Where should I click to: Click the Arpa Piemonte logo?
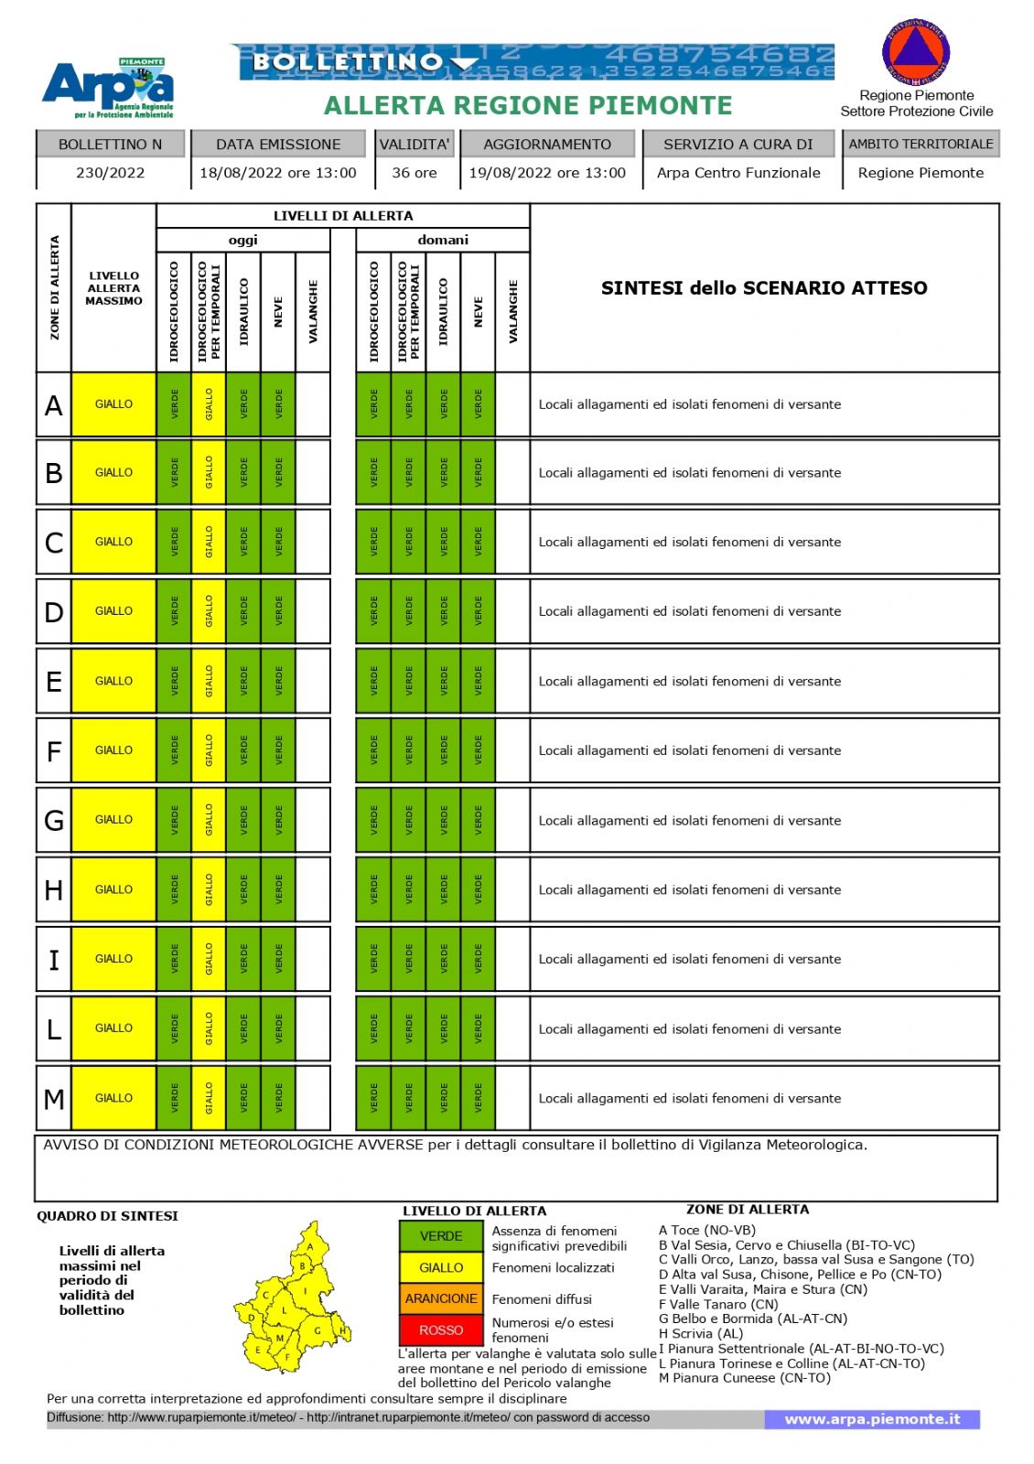coord(108,88)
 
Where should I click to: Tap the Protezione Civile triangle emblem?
coord(916,50)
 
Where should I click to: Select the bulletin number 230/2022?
coord(111,172)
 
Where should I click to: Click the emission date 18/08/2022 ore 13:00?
coord(278,172)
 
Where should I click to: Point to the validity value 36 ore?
coord(415,172)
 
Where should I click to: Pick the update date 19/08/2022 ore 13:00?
coord(547,172)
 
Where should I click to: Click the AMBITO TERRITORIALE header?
coord(921,144)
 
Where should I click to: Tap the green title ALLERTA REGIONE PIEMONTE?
coord(528,106)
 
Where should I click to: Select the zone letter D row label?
coord(54,611)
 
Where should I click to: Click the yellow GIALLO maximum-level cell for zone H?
coord(113,889)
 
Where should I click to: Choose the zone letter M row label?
coord(54,1098)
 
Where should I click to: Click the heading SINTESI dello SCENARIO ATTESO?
coord(764,288)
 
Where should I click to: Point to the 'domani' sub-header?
coord(443,240)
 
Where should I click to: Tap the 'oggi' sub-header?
coord(242,240)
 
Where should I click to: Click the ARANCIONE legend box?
coord(441,1298)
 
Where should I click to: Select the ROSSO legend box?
coord(441,1329)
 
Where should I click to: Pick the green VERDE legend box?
coord(441,1236)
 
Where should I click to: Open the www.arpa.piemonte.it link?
coord(872,1419)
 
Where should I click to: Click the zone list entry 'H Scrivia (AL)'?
coord(701,1333)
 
